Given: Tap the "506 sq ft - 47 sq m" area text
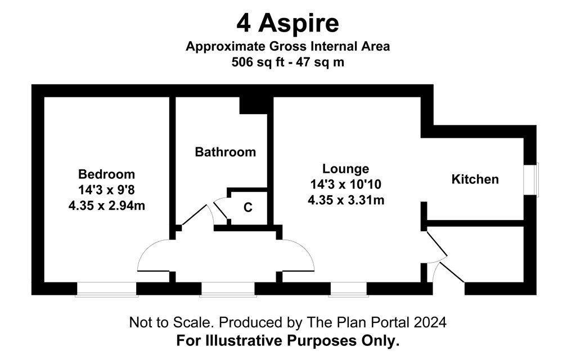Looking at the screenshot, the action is (x=287, y=62).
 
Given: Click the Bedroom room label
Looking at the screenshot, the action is (x=106, y=174).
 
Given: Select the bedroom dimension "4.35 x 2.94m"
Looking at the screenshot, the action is (x=106, y=205).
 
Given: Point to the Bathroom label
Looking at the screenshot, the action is (x=225, y=152).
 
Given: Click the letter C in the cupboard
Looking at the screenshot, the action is (x=248, y=208).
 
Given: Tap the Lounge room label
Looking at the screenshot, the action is (x=346, y=169).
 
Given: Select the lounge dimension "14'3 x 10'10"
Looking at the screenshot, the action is (x=346, y=184).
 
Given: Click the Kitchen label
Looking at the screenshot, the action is (x=475, y=179).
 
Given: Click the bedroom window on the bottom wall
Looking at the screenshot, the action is (x=106, y=289).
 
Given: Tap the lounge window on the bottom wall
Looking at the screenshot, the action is (x=348, y=289).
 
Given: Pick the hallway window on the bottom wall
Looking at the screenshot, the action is (x=228, y=289).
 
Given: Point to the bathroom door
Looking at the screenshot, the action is (x=195, y=215).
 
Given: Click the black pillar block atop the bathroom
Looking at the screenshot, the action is (x=253, y=105).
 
